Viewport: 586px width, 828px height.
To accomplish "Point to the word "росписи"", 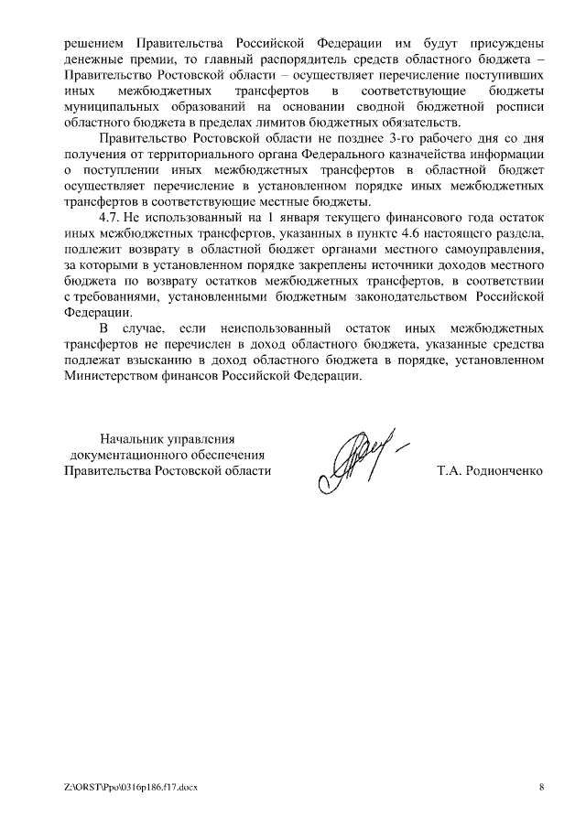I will click(522, 108).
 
